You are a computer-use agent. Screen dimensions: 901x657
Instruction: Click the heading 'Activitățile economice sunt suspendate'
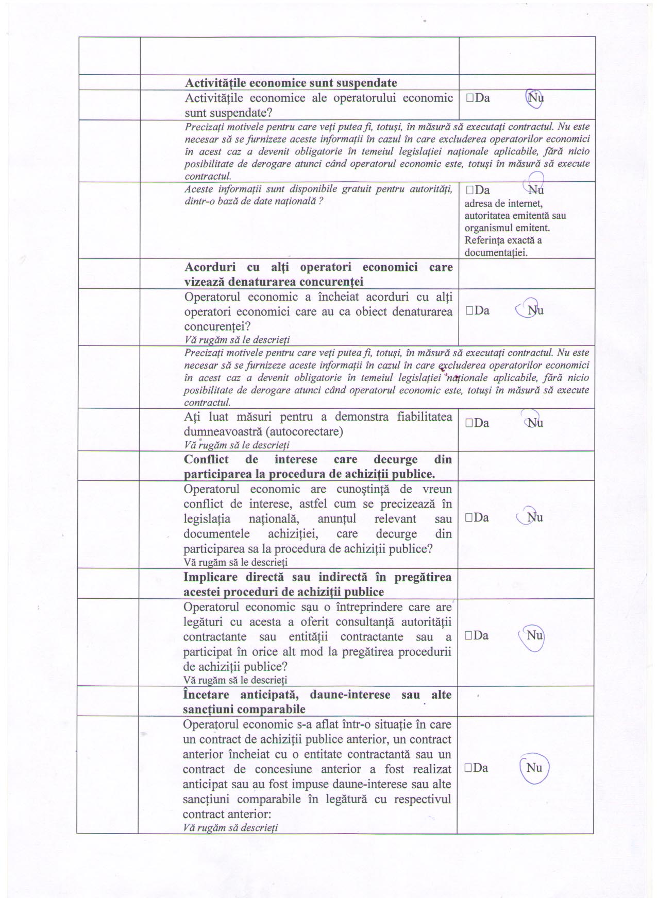291,83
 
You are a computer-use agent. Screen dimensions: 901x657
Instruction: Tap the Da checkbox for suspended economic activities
469,98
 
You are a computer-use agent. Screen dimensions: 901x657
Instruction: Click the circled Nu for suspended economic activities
534,98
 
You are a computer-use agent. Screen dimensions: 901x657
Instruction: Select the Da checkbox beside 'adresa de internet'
469,190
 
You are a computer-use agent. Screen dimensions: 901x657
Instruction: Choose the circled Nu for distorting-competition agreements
535,310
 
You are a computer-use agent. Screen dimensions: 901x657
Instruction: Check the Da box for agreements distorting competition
469,310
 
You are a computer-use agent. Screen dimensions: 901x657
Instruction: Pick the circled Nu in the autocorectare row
535,423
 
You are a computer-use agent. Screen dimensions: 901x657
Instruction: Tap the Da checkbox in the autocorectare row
469,423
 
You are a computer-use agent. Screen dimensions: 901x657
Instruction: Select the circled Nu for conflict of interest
535,517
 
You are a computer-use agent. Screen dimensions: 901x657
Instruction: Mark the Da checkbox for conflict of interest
469,518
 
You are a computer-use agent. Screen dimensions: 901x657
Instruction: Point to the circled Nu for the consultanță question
534,635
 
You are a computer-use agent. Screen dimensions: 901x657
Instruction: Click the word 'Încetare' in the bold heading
206,695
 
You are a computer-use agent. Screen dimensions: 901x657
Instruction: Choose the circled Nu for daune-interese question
534,768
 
